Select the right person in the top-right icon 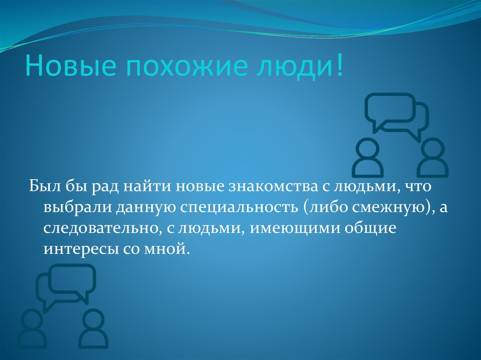[x=432, y=158]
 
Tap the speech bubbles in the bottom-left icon [x=67, y=284]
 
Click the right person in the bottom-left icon [x=93, y=329]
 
